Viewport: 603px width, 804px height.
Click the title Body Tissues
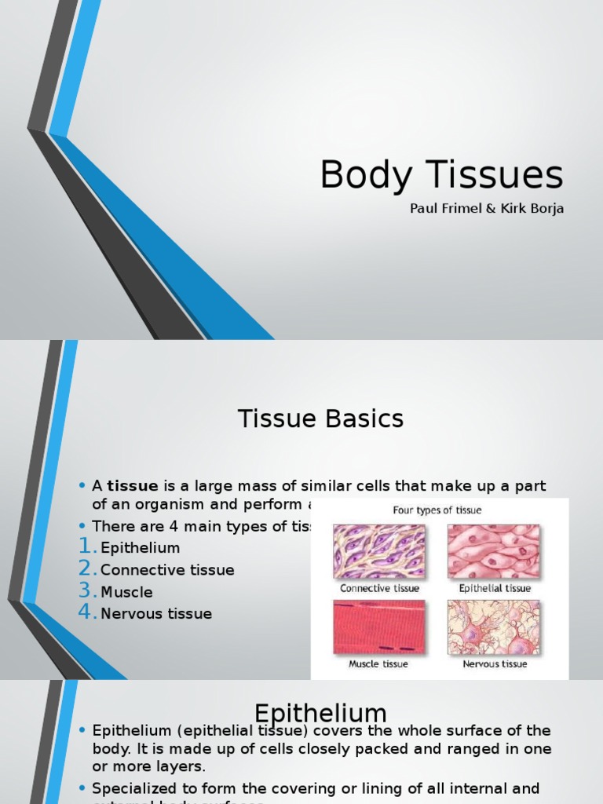[441, 174]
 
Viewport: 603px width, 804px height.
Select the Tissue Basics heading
[320, 419]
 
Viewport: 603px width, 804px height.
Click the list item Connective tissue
[167, 570]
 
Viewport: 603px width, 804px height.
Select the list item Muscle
[126, 592]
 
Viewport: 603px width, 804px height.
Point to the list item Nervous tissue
[155, 614]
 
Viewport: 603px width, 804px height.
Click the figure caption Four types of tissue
[437, 510]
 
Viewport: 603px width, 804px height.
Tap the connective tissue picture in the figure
[379, 551]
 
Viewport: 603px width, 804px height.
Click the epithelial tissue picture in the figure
[494, 551]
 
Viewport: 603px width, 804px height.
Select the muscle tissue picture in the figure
[379, 627]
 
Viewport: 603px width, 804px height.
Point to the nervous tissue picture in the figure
[494, 627]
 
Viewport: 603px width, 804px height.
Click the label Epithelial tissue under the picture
[495, 588]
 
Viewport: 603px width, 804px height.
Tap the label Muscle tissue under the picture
[378, 664]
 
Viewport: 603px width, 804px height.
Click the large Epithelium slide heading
[320, 713]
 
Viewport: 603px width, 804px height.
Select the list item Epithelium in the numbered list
[140, 548]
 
